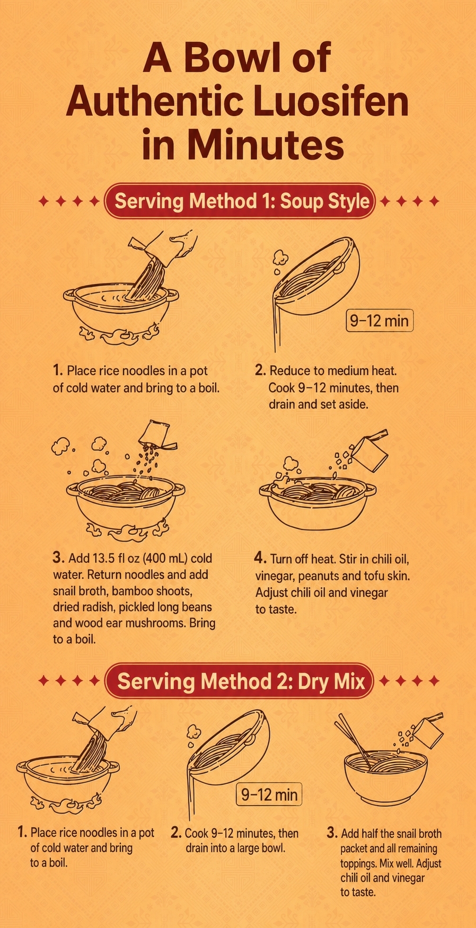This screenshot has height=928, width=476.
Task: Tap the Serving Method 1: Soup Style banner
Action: [241, 201]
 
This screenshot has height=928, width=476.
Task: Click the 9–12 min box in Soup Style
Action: [380, 321]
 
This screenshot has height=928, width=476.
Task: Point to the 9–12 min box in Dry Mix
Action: [269, 794]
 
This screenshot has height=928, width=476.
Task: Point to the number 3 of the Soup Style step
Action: [58, 558]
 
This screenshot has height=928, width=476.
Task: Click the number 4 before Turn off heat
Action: [260, 558]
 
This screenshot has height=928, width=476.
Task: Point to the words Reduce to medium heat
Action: [333, 370]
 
